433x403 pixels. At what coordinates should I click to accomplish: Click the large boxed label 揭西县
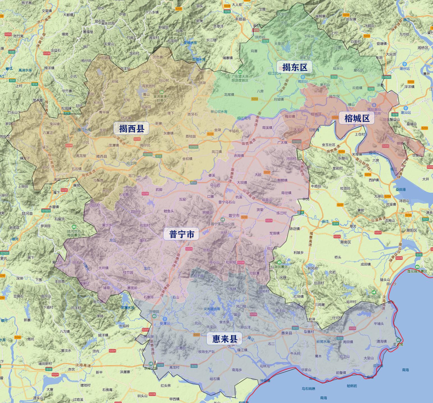[x=131, y=129]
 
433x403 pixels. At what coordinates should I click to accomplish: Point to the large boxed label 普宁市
[x=181, y=234]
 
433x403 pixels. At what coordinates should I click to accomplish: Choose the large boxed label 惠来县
[x=224, y=339]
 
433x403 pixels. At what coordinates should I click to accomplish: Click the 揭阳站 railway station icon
[x=303, y=77]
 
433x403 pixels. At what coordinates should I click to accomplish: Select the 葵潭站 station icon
[x=165, y=319]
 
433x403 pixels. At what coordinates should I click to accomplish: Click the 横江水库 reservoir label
[x=84, y=130]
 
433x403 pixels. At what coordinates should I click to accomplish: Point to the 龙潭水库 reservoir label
[x=128, y=308]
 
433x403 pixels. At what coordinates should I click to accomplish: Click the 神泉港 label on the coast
[x=265, y=380]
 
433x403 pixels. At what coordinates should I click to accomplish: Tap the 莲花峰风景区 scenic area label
[x=417, y=271]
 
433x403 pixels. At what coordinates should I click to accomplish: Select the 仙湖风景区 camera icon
[x=279, y=262]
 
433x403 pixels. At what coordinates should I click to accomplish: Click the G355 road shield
[x=8, y=34]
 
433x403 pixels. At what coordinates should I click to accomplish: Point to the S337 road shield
[x=197, y=335]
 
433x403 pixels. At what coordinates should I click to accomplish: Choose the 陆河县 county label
[x=27, y=213]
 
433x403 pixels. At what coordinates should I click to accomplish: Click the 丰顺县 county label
[x=240, y=19]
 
